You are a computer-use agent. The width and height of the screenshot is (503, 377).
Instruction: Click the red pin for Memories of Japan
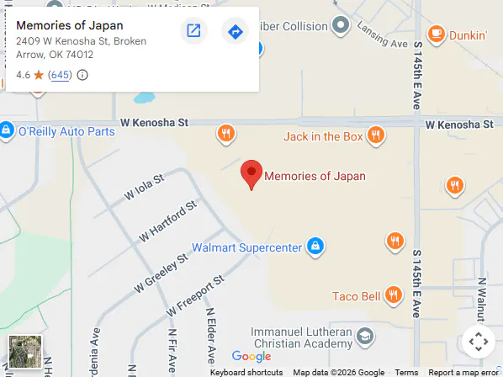pos(251,173)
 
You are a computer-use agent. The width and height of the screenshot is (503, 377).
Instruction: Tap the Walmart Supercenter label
pos(246,247)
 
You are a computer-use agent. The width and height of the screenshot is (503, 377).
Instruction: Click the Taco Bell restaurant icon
pos(393,295)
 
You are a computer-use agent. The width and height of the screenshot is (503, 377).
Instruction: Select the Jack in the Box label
pos(323,136)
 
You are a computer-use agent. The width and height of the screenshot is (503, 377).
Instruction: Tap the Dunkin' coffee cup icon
pos(436,35)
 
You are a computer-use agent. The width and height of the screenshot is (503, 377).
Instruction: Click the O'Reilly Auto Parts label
pos(66,131)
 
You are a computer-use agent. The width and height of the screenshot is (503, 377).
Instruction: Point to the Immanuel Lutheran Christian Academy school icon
pos(364,337)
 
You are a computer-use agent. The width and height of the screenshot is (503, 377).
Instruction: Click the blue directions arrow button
pos(235,32)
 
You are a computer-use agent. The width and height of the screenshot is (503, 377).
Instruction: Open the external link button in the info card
pos(193,32)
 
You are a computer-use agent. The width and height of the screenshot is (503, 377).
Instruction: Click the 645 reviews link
pos(60,75)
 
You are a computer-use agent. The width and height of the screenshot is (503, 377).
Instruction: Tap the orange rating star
pos(39,75)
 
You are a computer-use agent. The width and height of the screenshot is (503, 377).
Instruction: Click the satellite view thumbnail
pos(24,352)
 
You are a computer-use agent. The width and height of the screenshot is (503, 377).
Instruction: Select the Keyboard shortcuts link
pos(246,372)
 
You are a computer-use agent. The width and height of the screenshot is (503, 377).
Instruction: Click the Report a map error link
pos(463,372)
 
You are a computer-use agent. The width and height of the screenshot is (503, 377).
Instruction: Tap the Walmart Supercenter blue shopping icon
pos(315,247)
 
